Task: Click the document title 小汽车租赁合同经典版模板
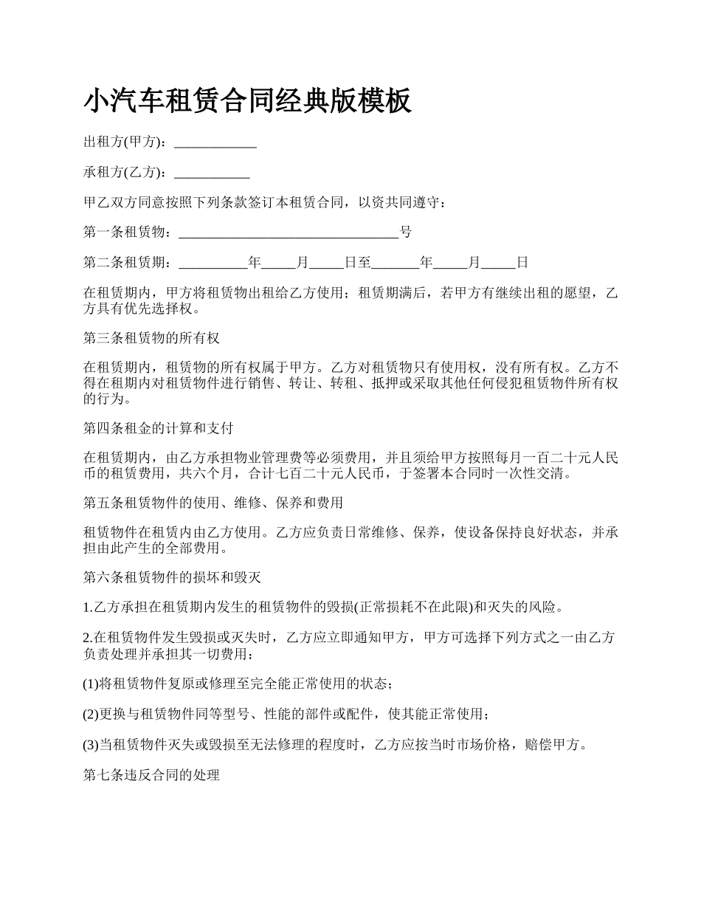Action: click(247, 100)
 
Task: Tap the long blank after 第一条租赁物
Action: click(289, 233)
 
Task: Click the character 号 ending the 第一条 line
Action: click(406, 233)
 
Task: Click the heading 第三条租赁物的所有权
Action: click(151, 338)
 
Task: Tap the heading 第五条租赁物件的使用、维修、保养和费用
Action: click(213, 503)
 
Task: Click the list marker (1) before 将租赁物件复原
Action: click(91, 684)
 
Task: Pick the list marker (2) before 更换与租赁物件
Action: click(91, 714)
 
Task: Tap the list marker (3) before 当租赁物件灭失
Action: click(91, 744)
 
